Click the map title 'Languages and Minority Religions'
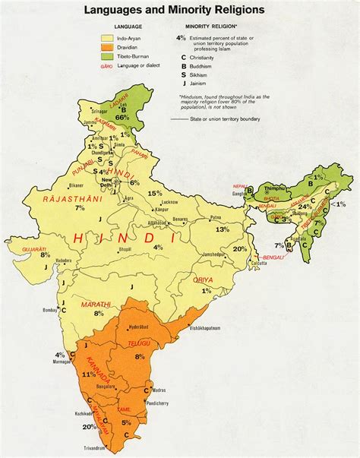(179, 10)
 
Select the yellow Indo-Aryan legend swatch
(108, 36)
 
